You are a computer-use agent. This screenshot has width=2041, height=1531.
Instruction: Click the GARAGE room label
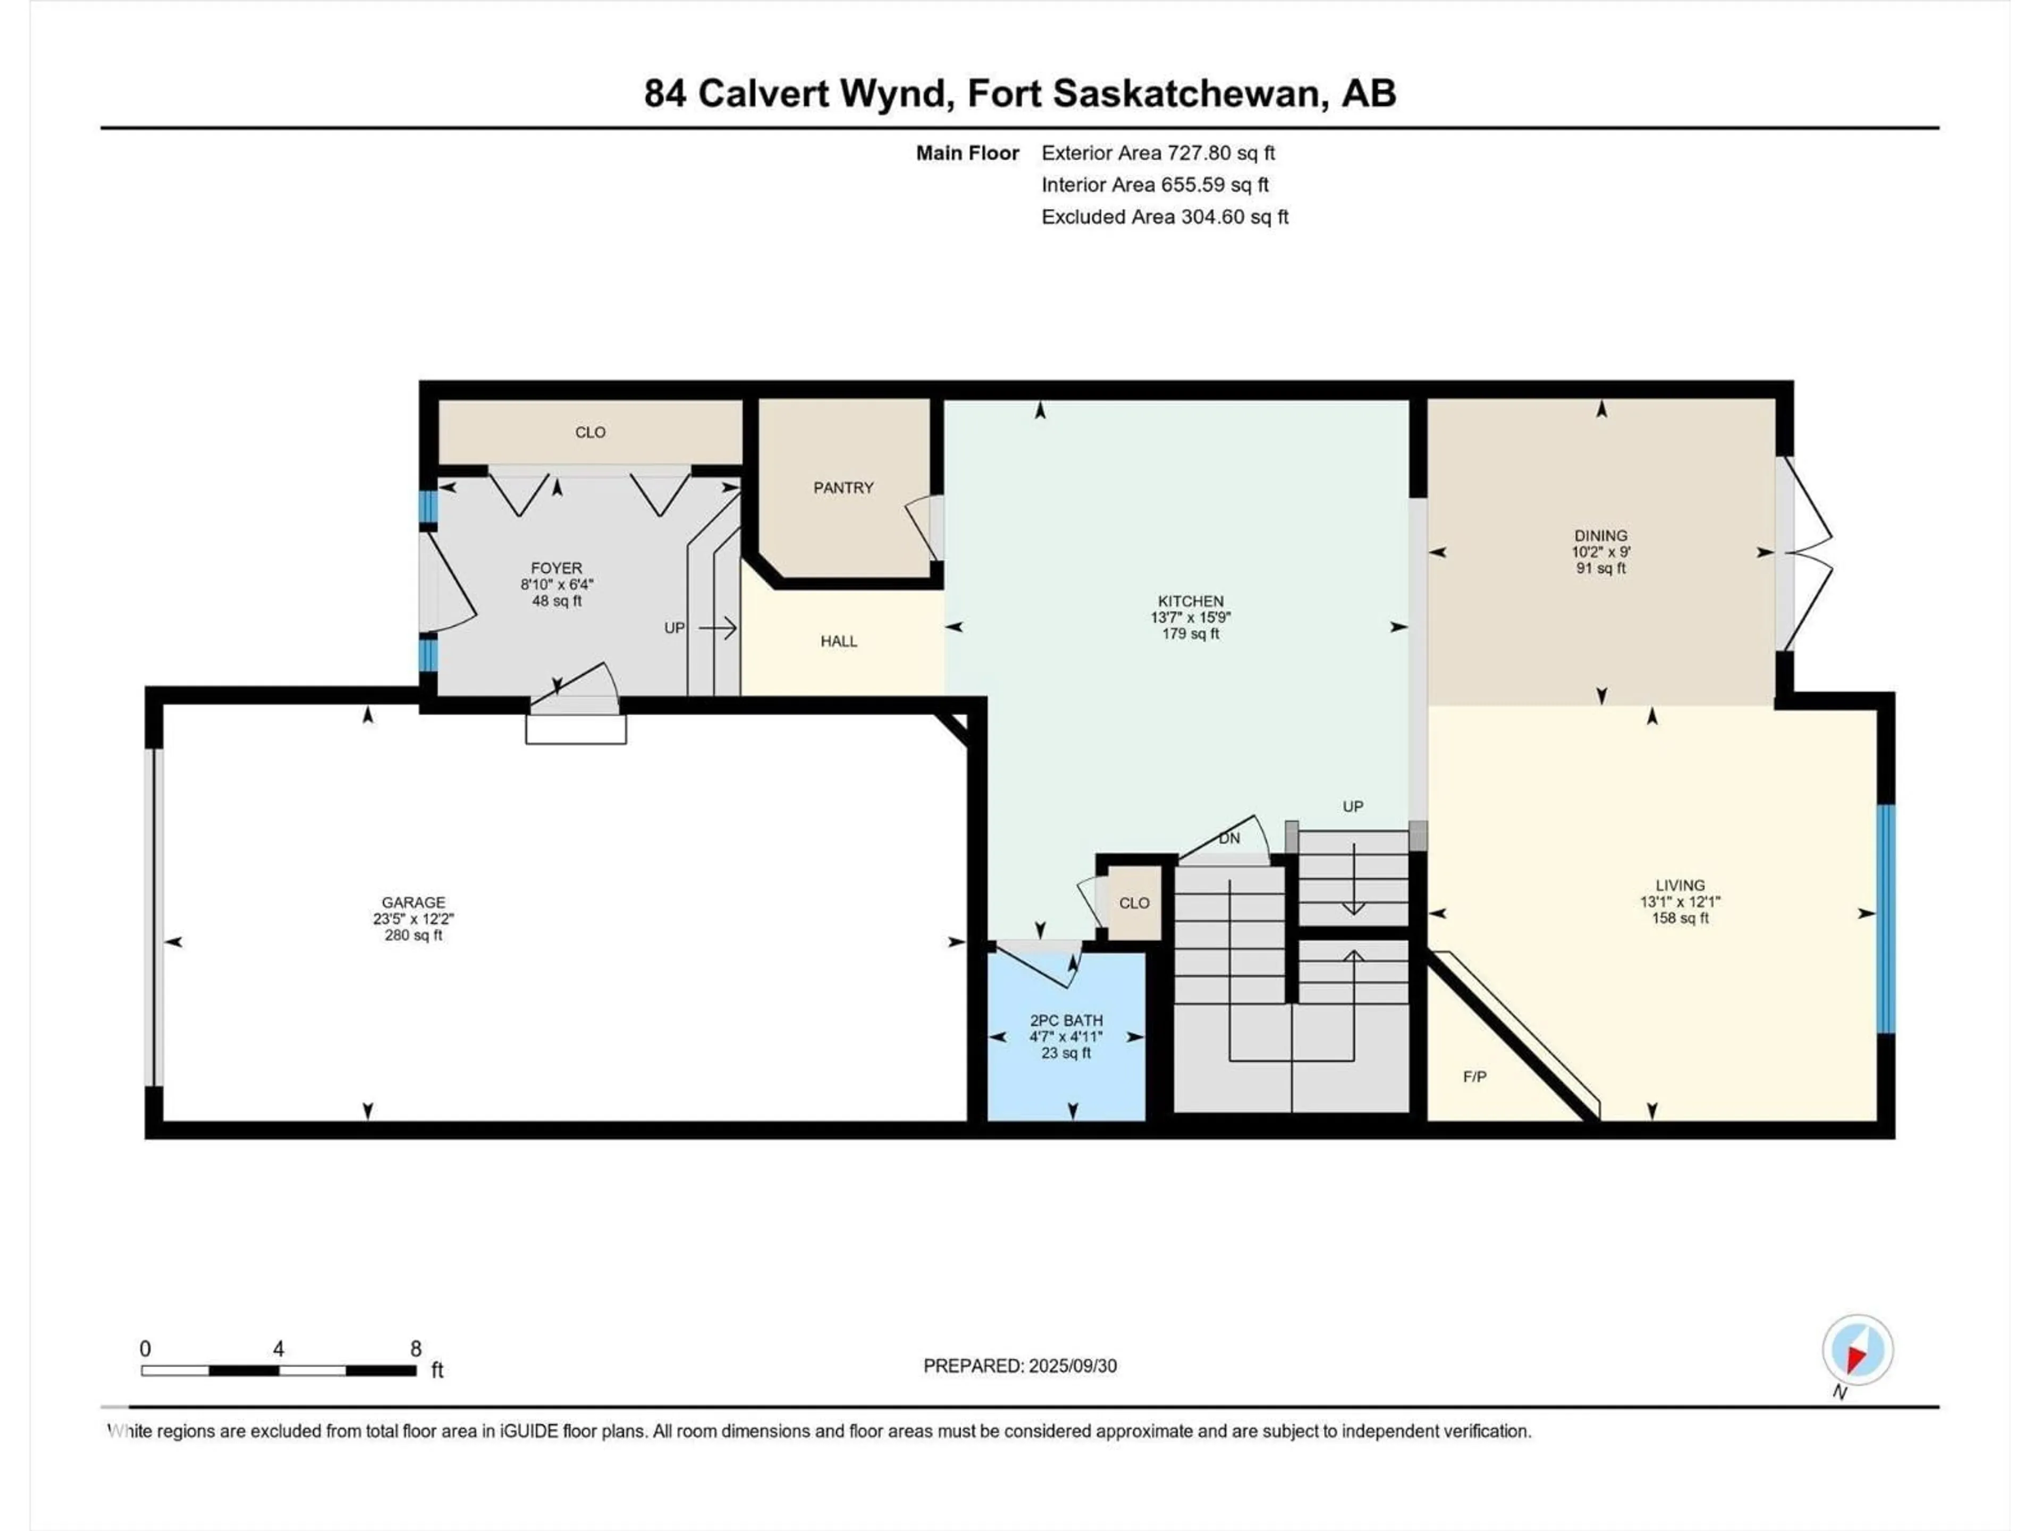[414, 903]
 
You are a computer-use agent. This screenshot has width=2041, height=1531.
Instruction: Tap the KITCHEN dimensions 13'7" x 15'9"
[1190, 617]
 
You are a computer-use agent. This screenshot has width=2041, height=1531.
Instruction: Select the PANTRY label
[842, 487]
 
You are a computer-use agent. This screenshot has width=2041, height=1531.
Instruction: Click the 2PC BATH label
[1066, 1021]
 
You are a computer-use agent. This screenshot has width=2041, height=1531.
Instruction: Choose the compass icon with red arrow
[1858, 1350]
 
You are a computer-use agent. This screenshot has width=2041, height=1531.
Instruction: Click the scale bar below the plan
[278, 1370]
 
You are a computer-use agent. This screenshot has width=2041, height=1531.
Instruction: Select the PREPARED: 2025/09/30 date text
[1019, 1366]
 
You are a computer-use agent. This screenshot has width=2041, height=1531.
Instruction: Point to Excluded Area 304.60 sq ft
[1165, 217]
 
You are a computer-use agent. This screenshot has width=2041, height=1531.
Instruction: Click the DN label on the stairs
[1229, 838]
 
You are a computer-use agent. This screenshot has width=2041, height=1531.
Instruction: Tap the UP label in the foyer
[674, 627]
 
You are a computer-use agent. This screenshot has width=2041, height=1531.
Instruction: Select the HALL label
[839, 642]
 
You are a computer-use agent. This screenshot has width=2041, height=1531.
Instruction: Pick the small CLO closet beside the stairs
[1134, 903]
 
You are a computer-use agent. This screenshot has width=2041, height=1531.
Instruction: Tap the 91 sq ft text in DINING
[1601, 568]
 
